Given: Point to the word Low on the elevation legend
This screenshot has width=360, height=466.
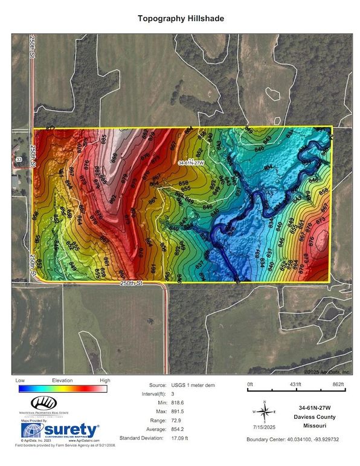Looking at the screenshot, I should click(x=20, y=381).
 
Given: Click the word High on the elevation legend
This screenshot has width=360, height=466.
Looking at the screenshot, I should click(x=104, y=381).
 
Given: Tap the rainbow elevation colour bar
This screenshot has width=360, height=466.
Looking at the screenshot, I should click(x=62, y=389).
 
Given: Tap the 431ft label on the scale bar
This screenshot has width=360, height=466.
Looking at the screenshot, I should click(x=295, y=384).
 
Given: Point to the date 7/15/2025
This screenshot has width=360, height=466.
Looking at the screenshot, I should click(x=263, y=427).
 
